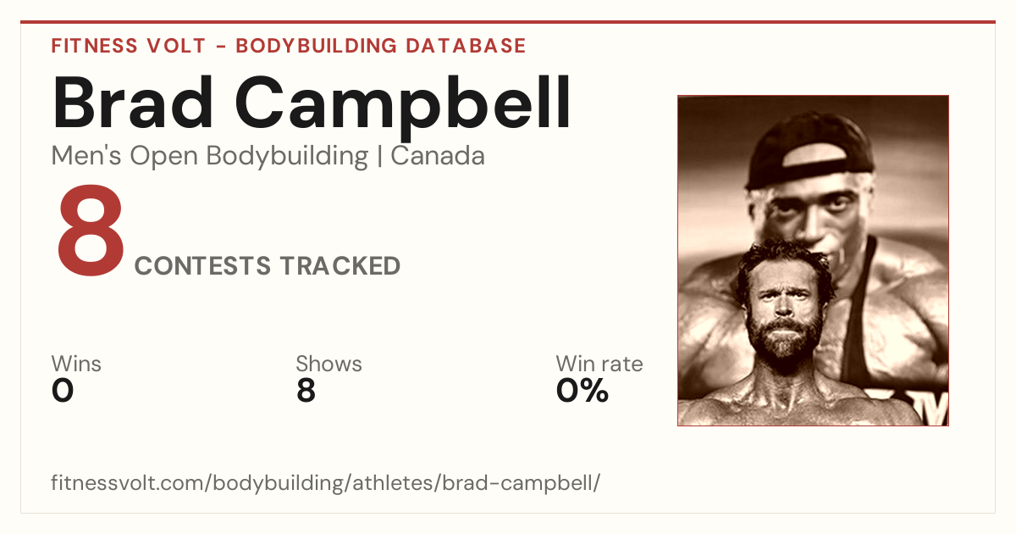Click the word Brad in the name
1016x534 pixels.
(132, 103)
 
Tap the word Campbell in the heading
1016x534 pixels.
(402, 108)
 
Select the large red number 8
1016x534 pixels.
(91, 231)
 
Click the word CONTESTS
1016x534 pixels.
(202, 266)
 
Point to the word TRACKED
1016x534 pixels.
(340, 266)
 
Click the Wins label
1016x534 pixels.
(76, 364)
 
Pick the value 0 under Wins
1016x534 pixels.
(63, 391)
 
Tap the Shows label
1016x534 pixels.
(329, 364)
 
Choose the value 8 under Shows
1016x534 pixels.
(306, 391)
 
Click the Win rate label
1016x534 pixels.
(599, 364)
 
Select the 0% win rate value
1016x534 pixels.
(582, 391)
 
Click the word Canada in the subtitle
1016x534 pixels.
(438, 156)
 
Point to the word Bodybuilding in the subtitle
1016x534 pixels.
(287, 157)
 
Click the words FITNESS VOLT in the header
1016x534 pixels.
(129, 46)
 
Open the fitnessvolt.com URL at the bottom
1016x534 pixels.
(325, 482)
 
